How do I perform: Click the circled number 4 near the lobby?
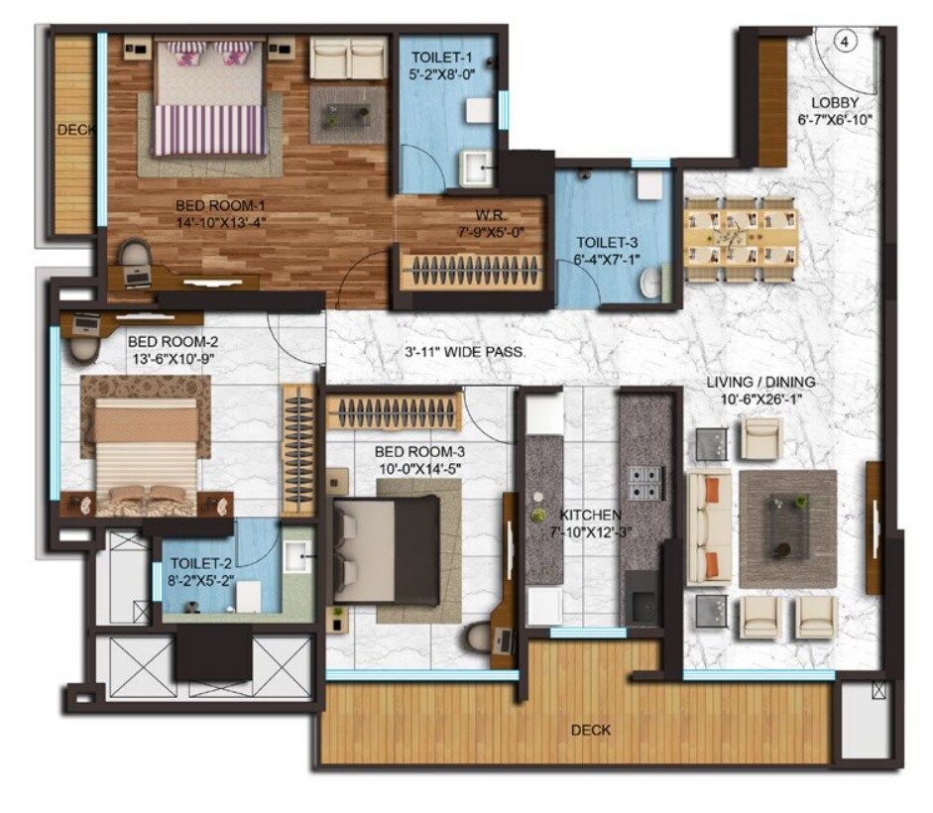845,42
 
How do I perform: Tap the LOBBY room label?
834,103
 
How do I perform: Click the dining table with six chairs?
740,239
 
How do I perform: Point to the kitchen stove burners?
643,481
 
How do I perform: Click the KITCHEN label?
590,516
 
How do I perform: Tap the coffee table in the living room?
789,525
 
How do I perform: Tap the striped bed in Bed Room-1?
210,99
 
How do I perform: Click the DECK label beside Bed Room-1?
73,130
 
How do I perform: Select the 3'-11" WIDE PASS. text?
465,352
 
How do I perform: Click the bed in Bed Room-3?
386,550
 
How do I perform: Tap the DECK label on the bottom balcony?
591,731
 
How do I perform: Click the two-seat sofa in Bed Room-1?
348,58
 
